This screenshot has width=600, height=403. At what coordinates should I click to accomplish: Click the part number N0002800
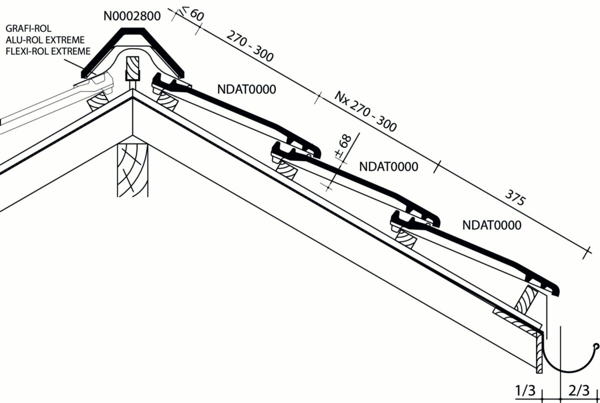click(x=132, y=16)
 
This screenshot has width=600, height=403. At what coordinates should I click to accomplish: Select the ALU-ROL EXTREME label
click(x=45, y=40)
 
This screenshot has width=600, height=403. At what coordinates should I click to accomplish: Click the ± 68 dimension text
click(x=344, y=147)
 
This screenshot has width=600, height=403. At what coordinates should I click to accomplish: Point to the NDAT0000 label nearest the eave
click(x=492, y=225)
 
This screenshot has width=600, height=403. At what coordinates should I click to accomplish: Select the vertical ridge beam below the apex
click(x=132, y=170)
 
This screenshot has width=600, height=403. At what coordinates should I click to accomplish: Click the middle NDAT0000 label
click(x=388, y=166)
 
